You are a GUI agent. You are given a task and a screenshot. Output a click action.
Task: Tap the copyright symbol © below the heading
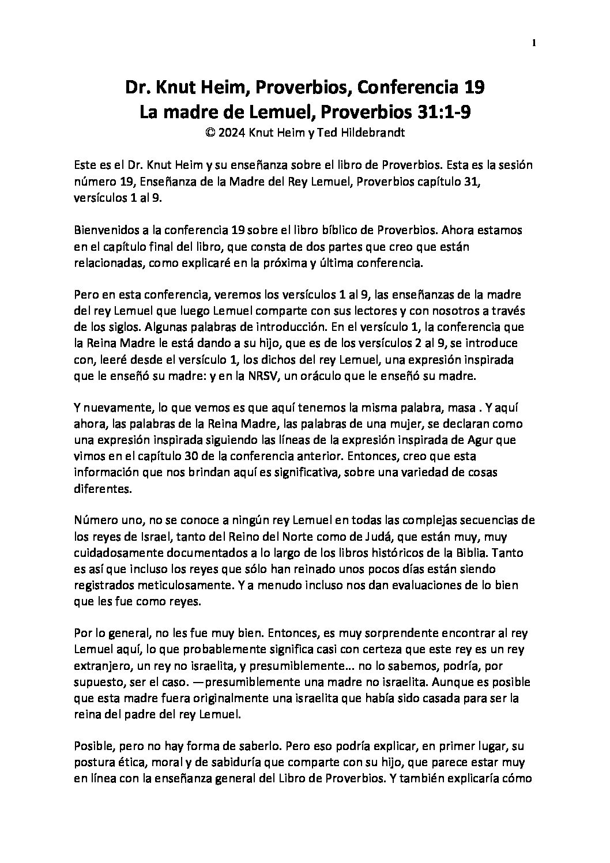click(210, 132)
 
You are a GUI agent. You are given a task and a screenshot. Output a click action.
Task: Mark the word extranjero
click(101, 665)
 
